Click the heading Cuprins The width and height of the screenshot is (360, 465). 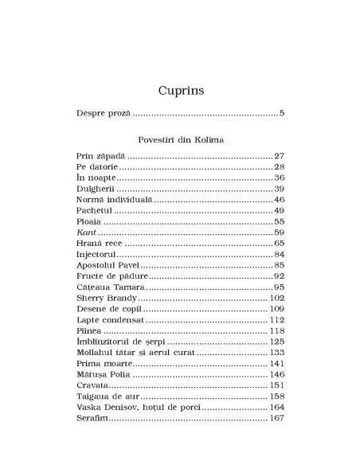pyautogui.click(x=180, y=89)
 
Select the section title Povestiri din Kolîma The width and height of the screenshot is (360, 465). pyautogui.click(x=180, y=139)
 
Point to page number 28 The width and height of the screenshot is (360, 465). pyautogui.click(x=279, y=166)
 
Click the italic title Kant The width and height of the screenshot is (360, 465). pyautogui.click(x=86, y=232)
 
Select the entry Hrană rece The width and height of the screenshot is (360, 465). pyautogui.click(x=102, y=243)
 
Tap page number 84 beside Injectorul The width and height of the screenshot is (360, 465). pyautogui.click(x=279, y=254)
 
